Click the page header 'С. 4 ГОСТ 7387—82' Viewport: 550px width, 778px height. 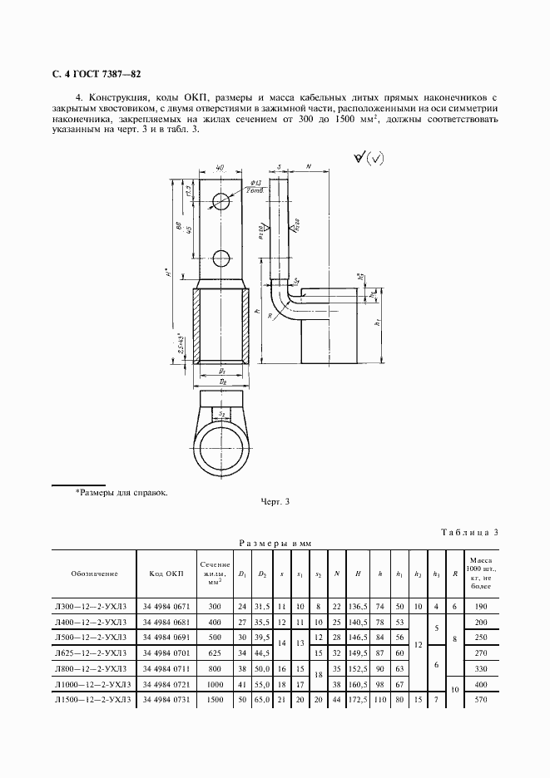point(95,74)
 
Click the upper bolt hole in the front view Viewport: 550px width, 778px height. point(222,201)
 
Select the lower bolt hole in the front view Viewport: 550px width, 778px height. point(222,257)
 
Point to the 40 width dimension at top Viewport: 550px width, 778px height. point(220,169)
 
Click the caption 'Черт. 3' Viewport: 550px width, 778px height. point(275,501)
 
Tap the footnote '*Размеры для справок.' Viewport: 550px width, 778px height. point(121,492)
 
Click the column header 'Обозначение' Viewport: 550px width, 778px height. point(93,573)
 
